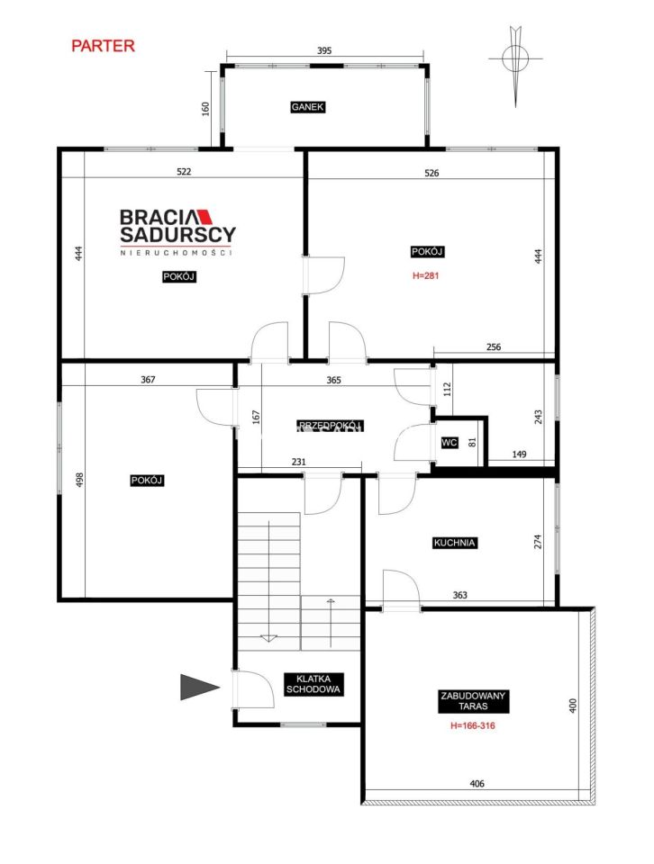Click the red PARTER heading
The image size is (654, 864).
(103, 46)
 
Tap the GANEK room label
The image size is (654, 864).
(308, 107)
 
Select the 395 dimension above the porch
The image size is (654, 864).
(324, 50)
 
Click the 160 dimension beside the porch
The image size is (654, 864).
(205, 109)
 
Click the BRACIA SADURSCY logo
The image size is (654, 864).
(177, 232)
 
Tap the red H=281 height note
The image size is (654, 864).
(426, 275)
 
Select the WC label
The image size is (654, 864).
(450, 443)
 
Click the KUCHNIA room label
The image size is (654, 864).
(454, 543)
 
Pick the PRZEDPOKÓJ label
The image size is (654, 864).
(330, 426)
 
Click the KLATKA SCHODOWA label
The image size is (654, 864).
(313, 684)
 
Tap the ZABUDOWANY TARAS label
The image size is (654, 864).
(473, 701)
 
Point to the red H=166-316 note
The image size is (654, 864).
(473, 725)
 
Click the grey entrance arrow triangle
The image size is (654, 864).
(200, 687)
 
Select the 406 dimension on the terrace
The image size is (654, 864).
(477, 784)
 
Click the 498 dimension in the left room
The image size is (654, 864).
(79, 480)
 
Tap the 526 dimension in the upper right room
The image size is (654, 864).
(431, 173)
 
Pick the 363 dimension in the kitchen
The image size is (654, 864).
(460, 595)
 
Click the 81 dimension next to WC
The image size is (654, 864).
(472, 442)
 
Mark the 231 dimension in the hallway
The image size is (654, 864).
(298, 462)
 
